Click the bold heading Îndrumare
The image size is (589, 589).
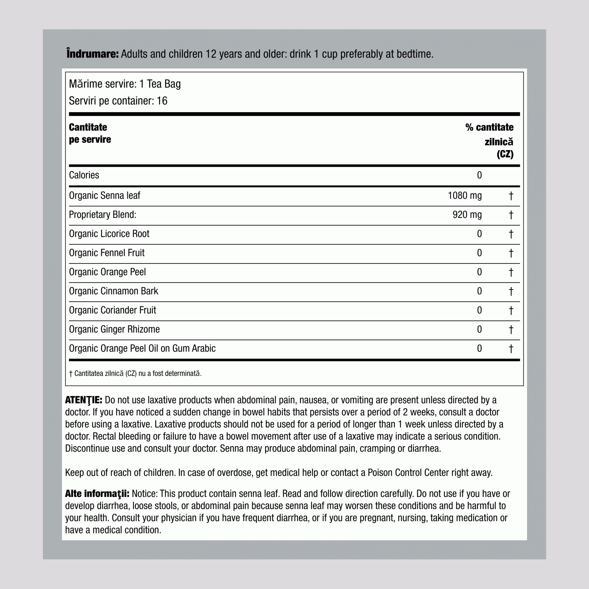[92, 54]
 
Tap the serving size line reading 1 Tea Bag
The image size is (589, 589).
[160, 84]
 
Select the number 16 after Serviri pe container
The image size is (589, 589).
[162, 101]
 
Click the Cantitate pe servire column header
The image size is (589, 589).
[90, 133]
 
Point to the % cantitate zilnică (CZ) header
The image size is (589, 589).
[489, 141]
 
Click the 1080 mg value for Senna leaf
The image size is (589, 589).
[465, 195]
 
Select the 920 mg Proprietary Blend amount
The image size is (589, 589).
[467, 215]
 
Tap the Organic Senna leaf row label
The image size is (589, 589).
[105, 195]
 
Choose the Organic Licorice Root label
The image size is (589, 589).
[109, 234]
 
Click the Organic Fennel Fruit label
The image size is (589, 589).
[107, 253]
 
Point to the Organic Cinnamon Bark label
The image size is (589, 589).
[113, 291]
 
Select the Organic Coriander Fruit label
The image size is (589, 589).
[112, 310]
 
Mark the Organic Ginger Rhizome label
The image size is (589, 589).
[114, 329]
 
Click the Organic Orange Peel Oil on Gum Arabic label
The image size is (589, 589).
[142, 349]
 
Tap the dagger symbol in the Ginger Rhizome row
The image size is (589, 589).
[511, 329]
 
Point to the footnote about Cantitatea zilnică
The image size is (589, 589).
[135, 374]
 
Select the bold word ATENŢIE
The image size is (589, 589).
[83, 400]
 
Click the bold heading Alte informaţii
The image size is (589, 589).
[97, 494]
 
